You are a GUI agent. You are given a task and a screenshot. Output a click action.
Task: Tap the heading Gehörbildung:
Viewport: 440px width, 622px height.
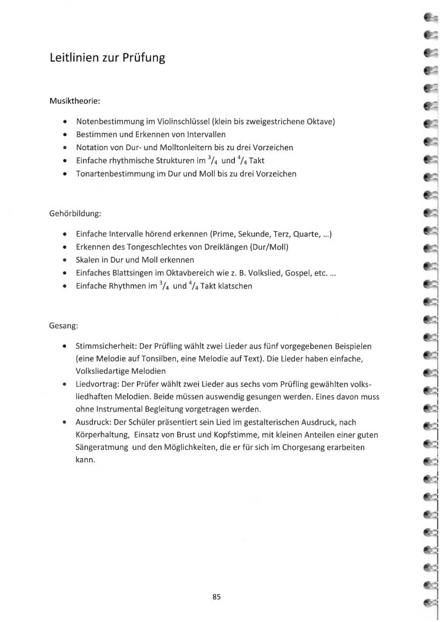tap(75, 213)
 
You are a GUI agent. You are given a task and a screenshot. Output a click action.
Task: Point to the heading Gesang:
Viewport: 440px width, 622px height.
tap(64, 326)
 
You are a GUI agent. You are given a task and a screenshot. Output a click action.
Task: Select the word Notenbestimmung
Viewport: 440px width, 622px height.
tap(108, 121)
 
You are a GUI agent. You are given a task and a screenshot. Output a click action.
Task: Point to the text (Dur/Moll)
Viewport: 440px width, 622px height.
tap(269, 247)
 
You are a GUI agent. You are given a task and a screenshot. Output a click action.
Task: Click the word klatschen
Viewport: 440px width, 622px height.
tap(235, 287)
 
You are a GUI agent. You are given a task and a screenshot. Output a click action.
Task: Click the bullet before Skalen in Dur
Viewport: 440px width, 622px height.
tap(66, 260)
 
